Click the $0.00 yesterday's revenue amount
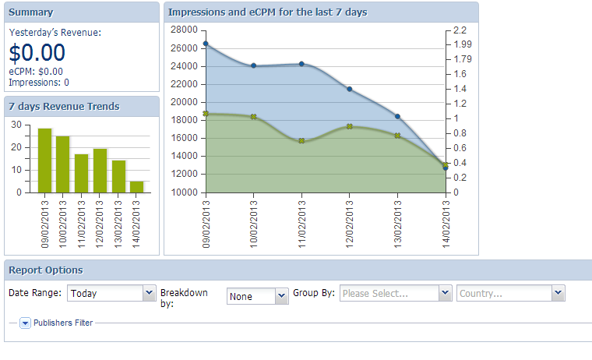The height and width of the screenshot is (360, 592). click(37, 53)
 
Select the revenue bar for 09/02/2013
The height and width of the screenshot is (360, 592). click(44, 161)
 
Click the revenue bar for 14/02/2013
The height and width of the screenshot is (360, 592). click(136, 186)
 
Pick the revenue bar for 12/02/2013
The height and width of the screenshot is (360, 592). click(100, 171)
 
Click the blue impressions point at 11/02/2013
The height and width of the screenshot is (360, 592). click(301, 64)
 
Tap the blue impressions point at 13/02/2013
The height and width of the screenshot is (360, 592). click(397, 116)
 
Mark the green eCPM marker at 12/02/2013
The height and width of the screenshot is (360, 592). click(350, 126)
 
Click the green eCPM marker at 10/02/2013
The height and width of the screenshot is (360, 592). click(254, 117)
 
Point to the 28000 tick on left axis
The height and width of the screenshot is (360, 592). click(184, 30)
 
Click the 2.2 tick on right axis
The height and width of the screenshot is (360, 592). click(459, 30)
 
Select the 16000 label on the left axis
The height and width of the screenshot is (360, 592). click(184, 138)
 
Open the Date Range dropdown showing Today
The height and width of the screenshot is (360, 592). click(111, 294)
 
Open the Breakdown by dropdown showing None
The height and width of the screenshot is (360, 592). click(258, 296)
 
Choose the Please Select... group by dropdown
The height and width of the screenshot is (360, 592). click(396, 294)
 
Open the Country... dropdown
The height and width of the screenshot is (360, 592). click(510, 294)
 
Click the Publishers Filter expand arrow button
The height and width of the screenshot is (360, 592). click(25, 323)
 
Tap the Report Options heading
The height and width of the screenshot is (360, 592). click(45, 270)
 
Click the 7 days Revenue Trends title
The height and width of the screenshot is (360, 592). click(64, 106)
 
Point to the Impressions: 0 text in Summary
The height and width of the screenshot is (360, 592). click(39, 82)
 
